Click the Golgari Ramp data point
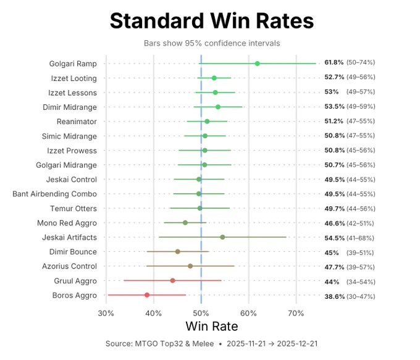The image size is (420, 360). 257,64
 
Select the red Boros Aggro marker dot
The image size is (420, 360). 147,295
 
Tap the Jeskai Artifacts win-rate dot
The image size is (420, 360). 222,237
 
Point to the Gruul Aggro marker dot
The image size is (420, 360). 172,280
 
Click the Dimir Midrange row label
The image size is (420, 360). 70,107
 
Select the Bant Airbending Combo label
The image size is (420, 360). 54,194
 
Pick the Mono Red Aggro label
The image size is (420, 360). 67,223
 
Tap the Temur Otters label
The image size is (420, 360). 73,208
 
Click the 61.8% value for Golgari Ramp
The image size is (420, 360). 334,62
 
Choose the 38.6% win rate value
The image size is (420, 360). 335,296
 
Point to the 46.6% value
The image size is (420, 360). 335,223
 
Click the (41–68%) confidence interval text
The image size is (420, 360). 360,238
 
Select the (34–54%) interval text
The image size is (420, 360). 361,282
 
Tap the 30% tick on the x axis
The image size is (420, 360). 106,314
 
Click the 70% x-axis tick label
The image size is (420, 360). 296,314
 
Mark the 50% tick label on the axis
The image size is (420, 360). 201,314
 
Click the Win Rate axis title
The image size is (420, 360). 212,327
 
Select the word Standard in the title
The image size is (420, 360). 157,21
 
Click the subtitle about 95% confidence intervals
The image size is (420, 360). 212,43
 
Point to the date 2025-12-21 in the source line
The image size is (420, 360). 297,344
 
